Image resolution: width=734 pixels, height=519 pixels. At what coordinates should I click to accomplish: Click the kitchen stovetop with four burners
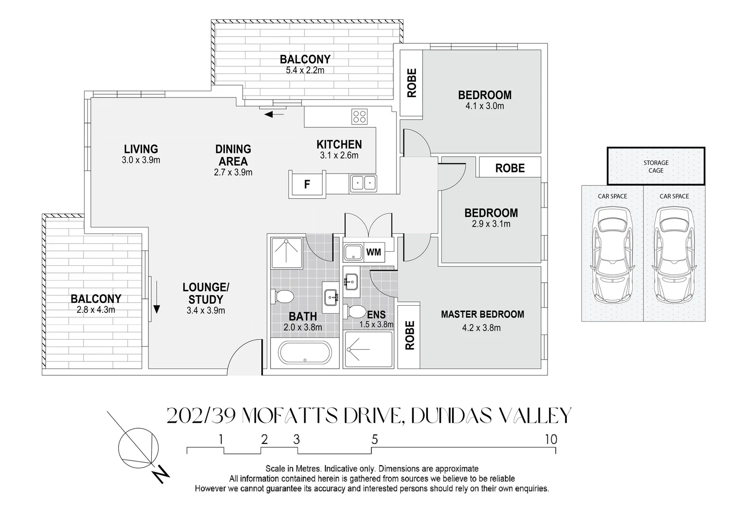(359, 116)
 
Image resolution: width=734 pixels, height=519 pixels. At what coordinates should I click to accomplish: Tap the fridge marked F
(307, 184)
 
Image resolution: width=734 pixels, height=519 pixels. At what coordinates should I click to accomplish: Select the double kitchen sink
(363, 183)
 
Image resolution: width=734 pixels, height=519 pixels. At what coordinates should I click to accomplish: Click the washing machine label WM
(373, 252)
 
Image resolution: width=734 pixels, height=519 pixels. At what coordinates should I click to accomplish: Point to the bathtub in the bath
(305, 354)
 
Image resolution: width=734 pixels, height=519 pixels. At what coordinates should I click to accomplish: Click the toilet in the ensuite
(355, 312)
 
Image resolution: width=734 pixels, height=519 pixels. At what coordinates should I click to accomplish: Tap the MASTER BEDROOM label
(482, 314)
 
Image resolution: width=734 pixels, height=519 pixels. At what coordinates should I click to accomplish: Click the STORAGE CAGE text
(656, 167)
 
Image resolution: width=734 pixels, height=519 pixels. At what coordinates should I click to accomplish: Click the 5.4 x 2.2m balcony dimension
(305, 71)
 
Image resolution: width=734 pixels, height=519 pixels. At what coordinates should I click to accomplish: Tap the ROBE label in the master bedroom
(410, 335)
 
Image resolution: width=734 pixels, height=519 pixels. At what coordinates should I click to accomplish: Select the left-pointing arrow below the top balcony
(274, 114)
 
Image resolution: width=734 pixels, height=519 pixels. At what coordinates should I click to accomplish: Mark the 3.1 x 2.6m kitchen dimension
(339, 155)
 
